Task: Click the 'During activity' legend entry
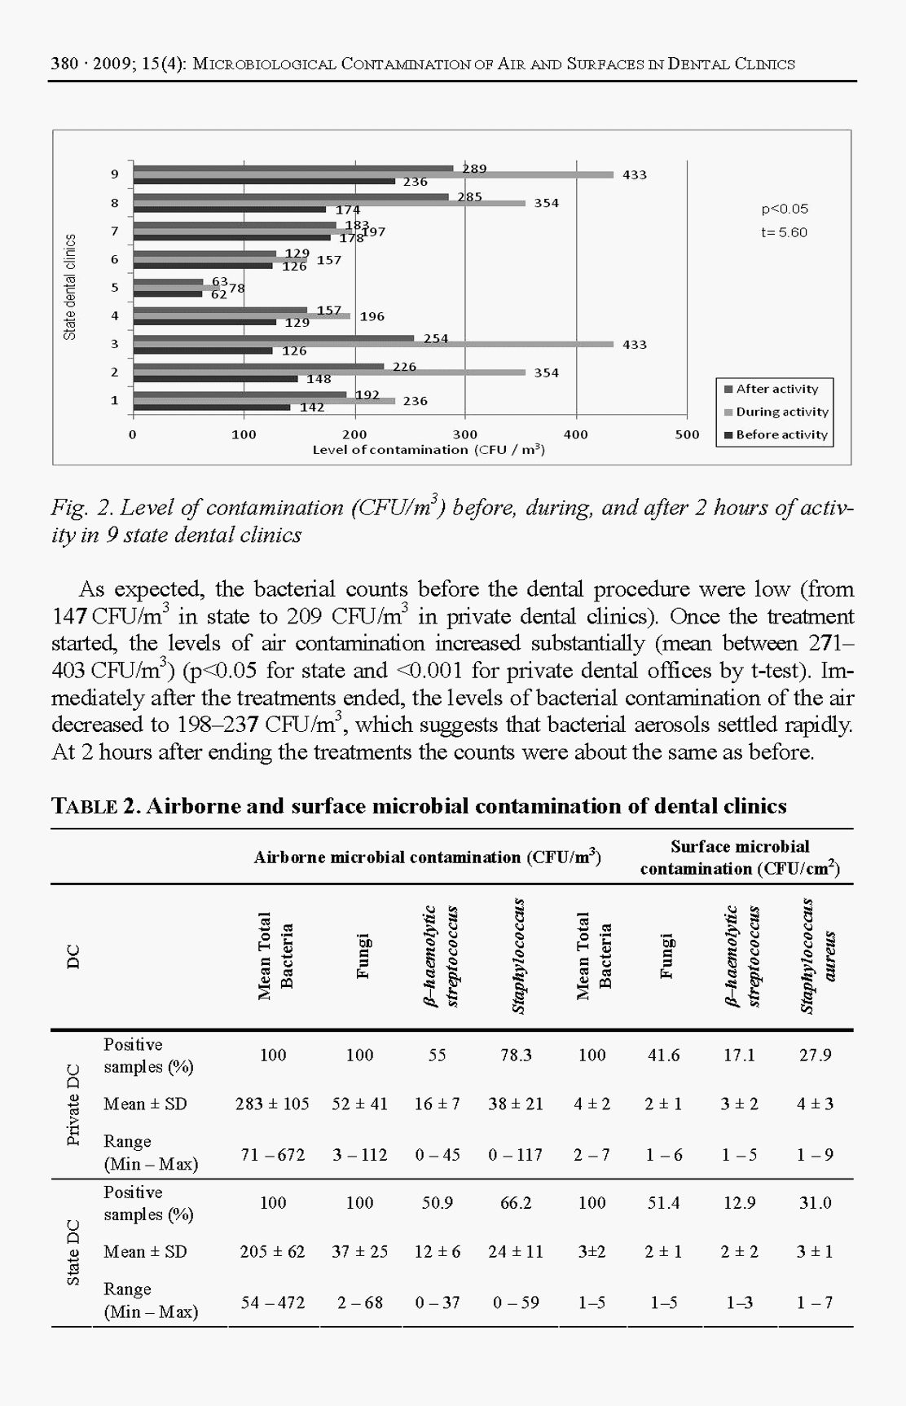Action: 781,412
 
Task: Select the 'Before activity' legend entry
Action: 781,435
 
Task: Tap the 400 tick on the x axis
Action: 576,435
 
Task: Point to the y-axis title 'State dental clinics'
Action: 71,287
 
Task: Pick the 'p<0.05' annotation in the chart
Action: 785,209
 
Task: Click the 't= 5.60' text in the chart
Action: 784,232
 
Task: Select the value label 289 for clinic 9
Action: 474,169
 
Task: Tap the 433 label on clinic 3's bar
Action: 635,345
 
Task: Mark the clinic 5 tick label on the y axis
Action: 115,287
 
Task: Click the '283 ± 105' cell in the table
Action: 272,1104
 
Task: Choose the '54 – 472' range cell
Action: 272,1302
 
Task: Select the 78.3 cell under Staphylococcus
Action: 516,1056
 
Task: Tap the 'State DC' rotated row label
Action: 73,1252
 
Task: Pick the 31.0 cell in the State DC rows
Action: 815,1203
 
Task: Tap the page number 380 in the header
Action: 64,64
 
